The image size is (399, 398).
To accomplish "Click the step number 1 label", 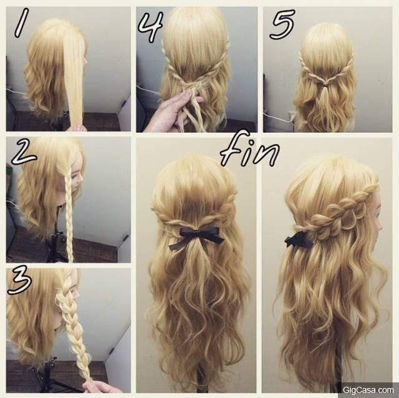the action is click(21, 22).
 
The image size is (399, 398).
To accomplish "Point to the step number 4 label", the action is click(150, 26).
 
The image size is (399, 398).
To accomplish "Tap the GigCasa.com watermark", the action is click(368, 390).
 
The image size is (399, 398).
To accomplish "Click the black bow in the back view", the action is click(196, 237).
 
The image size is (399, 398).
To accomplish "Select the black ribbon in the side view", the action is click(298, 240).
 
